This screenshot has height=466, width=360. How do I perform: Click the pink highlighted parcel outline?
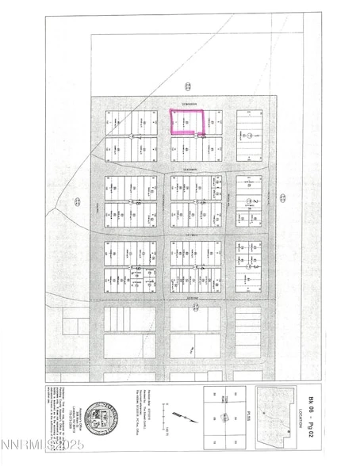coord(188,122)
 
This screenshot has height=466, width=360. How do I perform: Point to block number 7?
coord(139,136)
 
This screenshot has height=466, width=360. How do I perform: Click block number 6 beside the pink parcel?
coord(204,136)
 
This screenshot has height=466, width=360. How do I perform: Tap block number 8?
coord(139,203)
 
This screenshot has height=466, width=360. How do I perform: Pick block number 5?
coord(204,203)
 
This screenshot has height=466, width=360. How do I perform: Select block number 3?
coord(255,268)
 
